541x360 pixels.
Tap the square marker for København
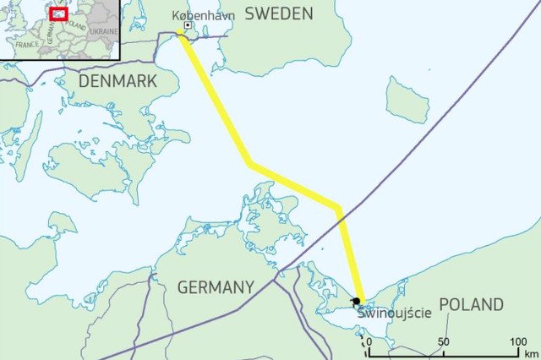pyautogui.click(x=187, y=26)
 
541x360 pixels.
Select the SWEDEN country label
pyautogui.click(x=279, y=14)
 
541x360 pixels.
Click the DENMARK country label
pyautogui.click(x=118, y=80)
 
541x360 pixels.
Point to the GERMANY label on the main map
pyautogui.click(x=216, y=287)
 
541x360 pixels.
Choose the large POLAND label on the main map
pyautogui.click(x=471, y=304)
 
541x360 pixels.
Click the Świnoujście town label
pyautogui.click(x=394, y=313)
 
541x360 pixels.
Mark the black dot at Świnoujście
pyautogui.click(x=358, y=301)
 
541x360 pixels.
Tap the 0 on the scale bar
pyautogui.click(x=369, y=341)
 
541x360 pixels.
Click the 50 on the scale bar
pyautogui.click(x=443, y=341)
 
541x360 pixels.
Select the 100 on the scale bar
pyautogui.click(x=518, y=341)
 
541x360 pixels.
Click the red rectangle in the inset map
pyautogui.click(x=58, y=14)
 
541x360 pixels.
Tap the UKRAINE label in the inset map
pyautogui.click(x=103, y=31)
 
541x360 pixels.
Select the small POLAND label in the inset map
pyautogui.click(x=75, y=25)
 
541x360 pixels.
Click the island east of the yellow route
pyautogui.click(x=407, y=99)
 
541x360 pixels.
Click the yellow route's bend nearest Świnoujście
pyautogui.click(x=338, y=207)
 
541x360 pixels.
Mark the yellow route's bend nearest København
pyautogui.click(x=249, y=162)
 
